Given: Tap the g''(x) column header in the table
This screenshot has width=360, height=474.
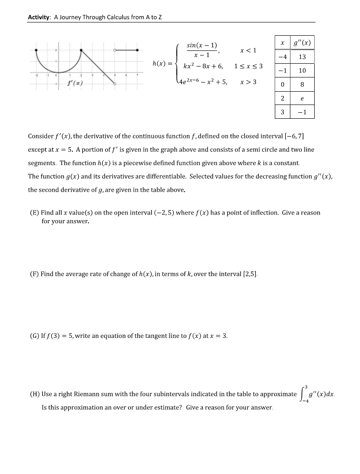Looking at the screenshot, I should [303, 43].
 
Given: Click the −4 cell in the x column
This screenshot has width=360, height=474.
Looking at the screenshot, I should [283, 57].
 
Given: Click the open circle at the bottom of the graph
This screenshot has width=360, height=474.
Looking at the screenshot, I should [115, 84].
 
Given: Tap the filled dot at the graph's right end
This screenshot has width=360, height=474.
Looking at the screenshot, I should [138, 50].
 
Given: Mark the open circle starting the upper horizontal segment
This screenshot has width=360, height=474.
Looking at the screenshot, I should [115, 50].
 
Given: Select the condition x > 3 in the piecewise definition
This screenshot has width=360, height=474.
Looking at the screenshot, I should [248, 82].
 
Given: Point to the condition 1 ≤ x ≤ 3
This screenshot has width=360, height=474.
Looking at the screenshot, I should [248, 66].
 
